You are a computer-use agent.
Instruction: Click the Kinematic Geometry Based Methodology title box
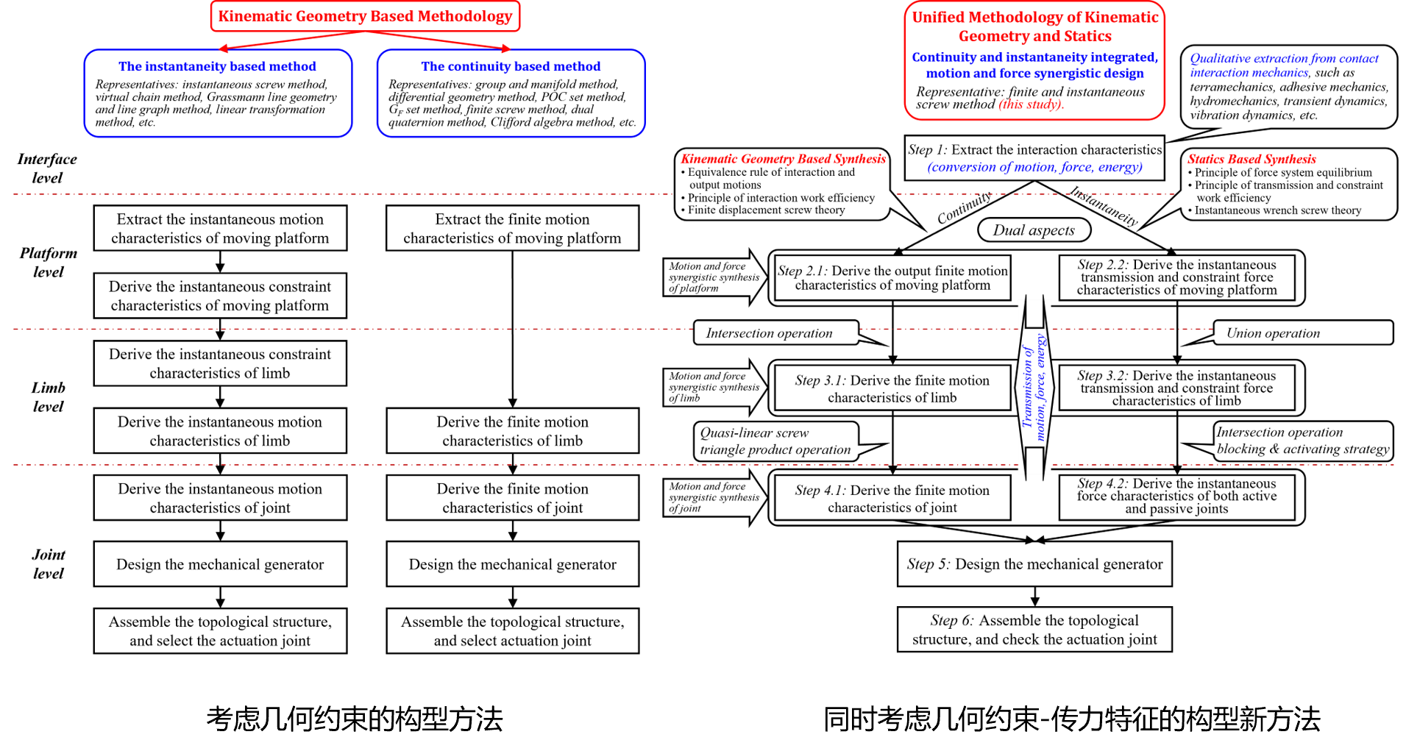click(365, 16)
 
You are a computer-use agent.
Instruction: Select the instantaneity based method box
click(218, 93)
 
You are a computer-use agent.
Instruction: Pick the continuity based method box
click(511, 93)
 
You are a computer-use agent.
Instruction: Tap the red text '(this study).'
click(1031, 104)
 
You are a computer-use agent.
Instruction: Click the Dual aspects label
click(1034, 230)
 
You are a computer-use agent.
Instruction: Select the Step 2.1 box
click(892, 278)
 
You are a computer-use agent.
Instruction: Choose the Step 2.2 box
click(1176, 277)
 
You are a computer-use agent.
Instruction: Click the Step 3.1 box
click(892, 388)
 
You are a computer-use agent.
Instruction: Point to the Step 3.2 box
click(1176, 388)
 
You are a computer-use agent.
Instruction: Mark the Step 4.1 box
click(892, 498)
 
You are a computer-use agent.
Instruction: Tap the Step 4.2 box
click(1176, 496)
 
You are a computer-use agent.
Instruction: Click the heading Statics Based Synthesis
click(1251, 159)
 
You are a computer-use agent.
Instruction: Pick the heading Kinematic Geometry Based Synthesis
click(783, 159)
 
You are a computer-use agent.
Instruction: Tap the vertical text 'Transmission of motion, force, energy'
click(1034, 388)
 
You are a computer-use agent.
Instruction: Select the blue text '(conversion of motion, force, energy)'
click(1034, 168)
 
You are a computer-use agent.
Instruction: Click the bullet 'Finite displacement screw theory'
click(766, 210)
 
